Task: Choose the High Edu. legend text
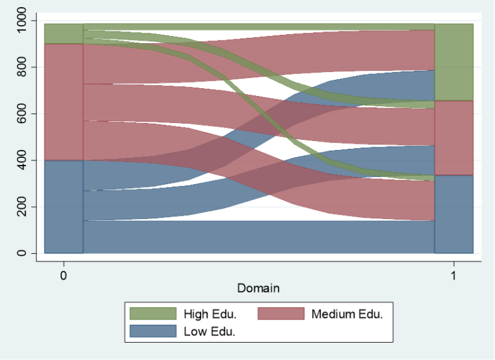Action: pos(209,314)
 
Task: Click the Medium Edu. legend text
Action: pos(347,314)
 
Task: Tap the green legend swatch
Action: pos(153,314)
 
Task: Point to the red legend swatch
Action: pos(281,314)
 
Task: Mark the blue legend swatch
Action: pos(153,331)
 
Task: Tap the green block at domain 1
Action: pos(454,62)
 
